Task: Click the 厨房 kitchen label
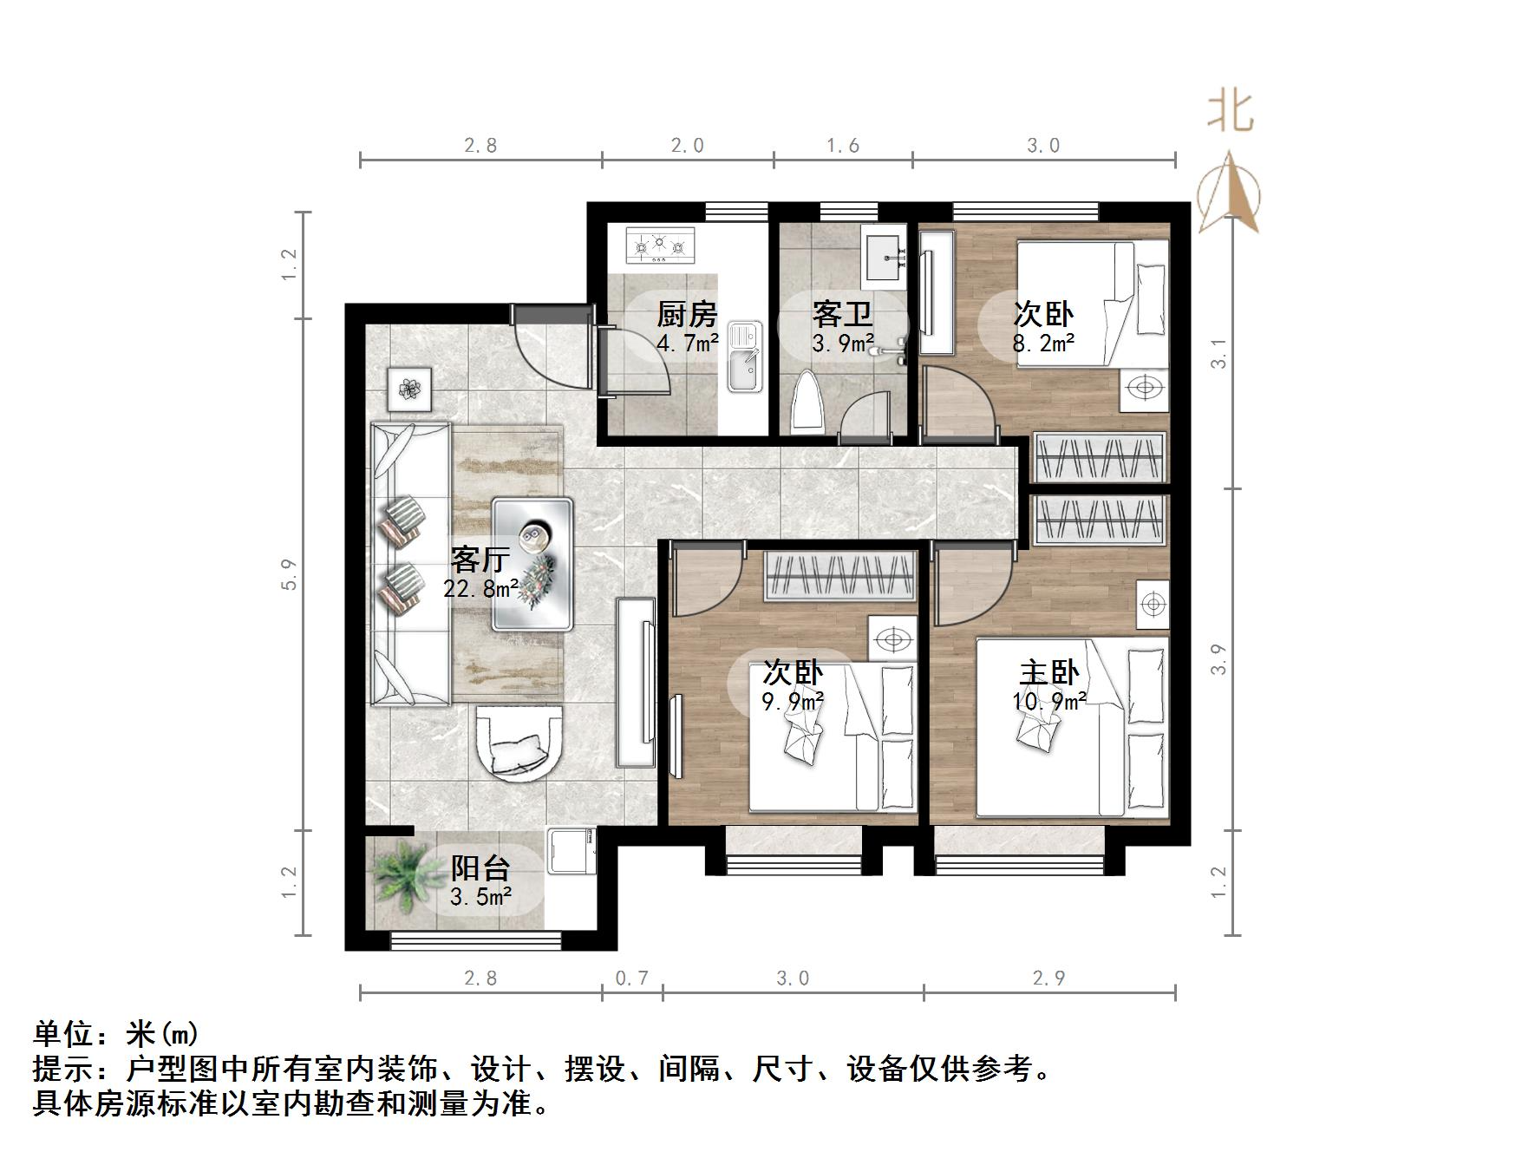click(686, 313)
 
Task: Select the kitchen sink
click(743, 356)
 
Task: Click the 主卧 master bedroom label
click(1048, 672)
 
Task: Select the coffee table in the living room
click(532, 564)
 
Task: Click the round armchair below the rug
click(518, 743)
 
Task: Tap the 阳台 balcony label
click(480, 867)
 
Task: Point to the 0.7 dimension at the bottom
click(631, 979)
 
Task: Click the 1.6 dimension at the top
click(842, 146)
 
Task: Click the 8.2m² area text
click(1043, 343)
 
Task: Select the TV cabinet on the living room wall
click(637, 682)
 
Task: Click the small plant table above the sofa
click(409, 388)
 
